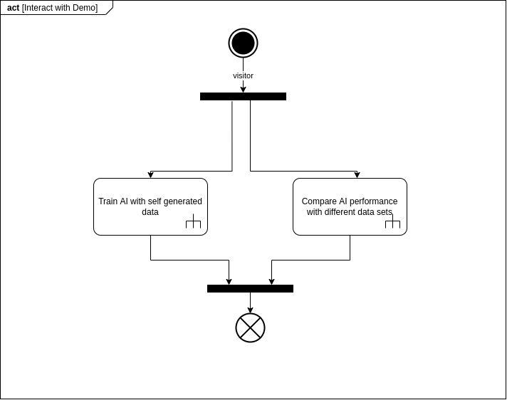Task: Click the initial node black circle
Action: (x=243, y=43)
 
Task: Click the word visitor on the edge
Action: (x=243, y=75)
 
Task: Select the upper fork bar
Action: (x=243, y=96)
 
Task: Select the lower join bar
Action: (x=250, y=288)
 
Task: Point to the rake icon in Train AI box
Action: (x=194, y=221)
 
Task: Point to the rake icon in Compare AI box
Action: (x=392, y=221)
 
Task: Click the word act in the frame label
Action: (x=14, y=8)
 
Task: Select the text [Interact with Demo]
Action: (x=60, y=8)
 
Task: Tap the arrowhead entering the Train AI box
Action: (x=150, y=175)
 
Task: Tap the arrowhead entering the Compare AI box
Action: (x=357, y=175)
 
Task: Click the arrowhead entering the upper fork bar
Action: (x=243, y=89)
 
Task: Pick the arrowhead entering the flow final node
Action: (x=250, y=310)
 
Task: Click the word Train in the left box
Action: (x=108, y=201)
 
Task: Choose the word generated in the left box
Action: (x=183, y=201)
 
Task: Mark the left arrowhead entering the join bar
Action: (x=229, y=281)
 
